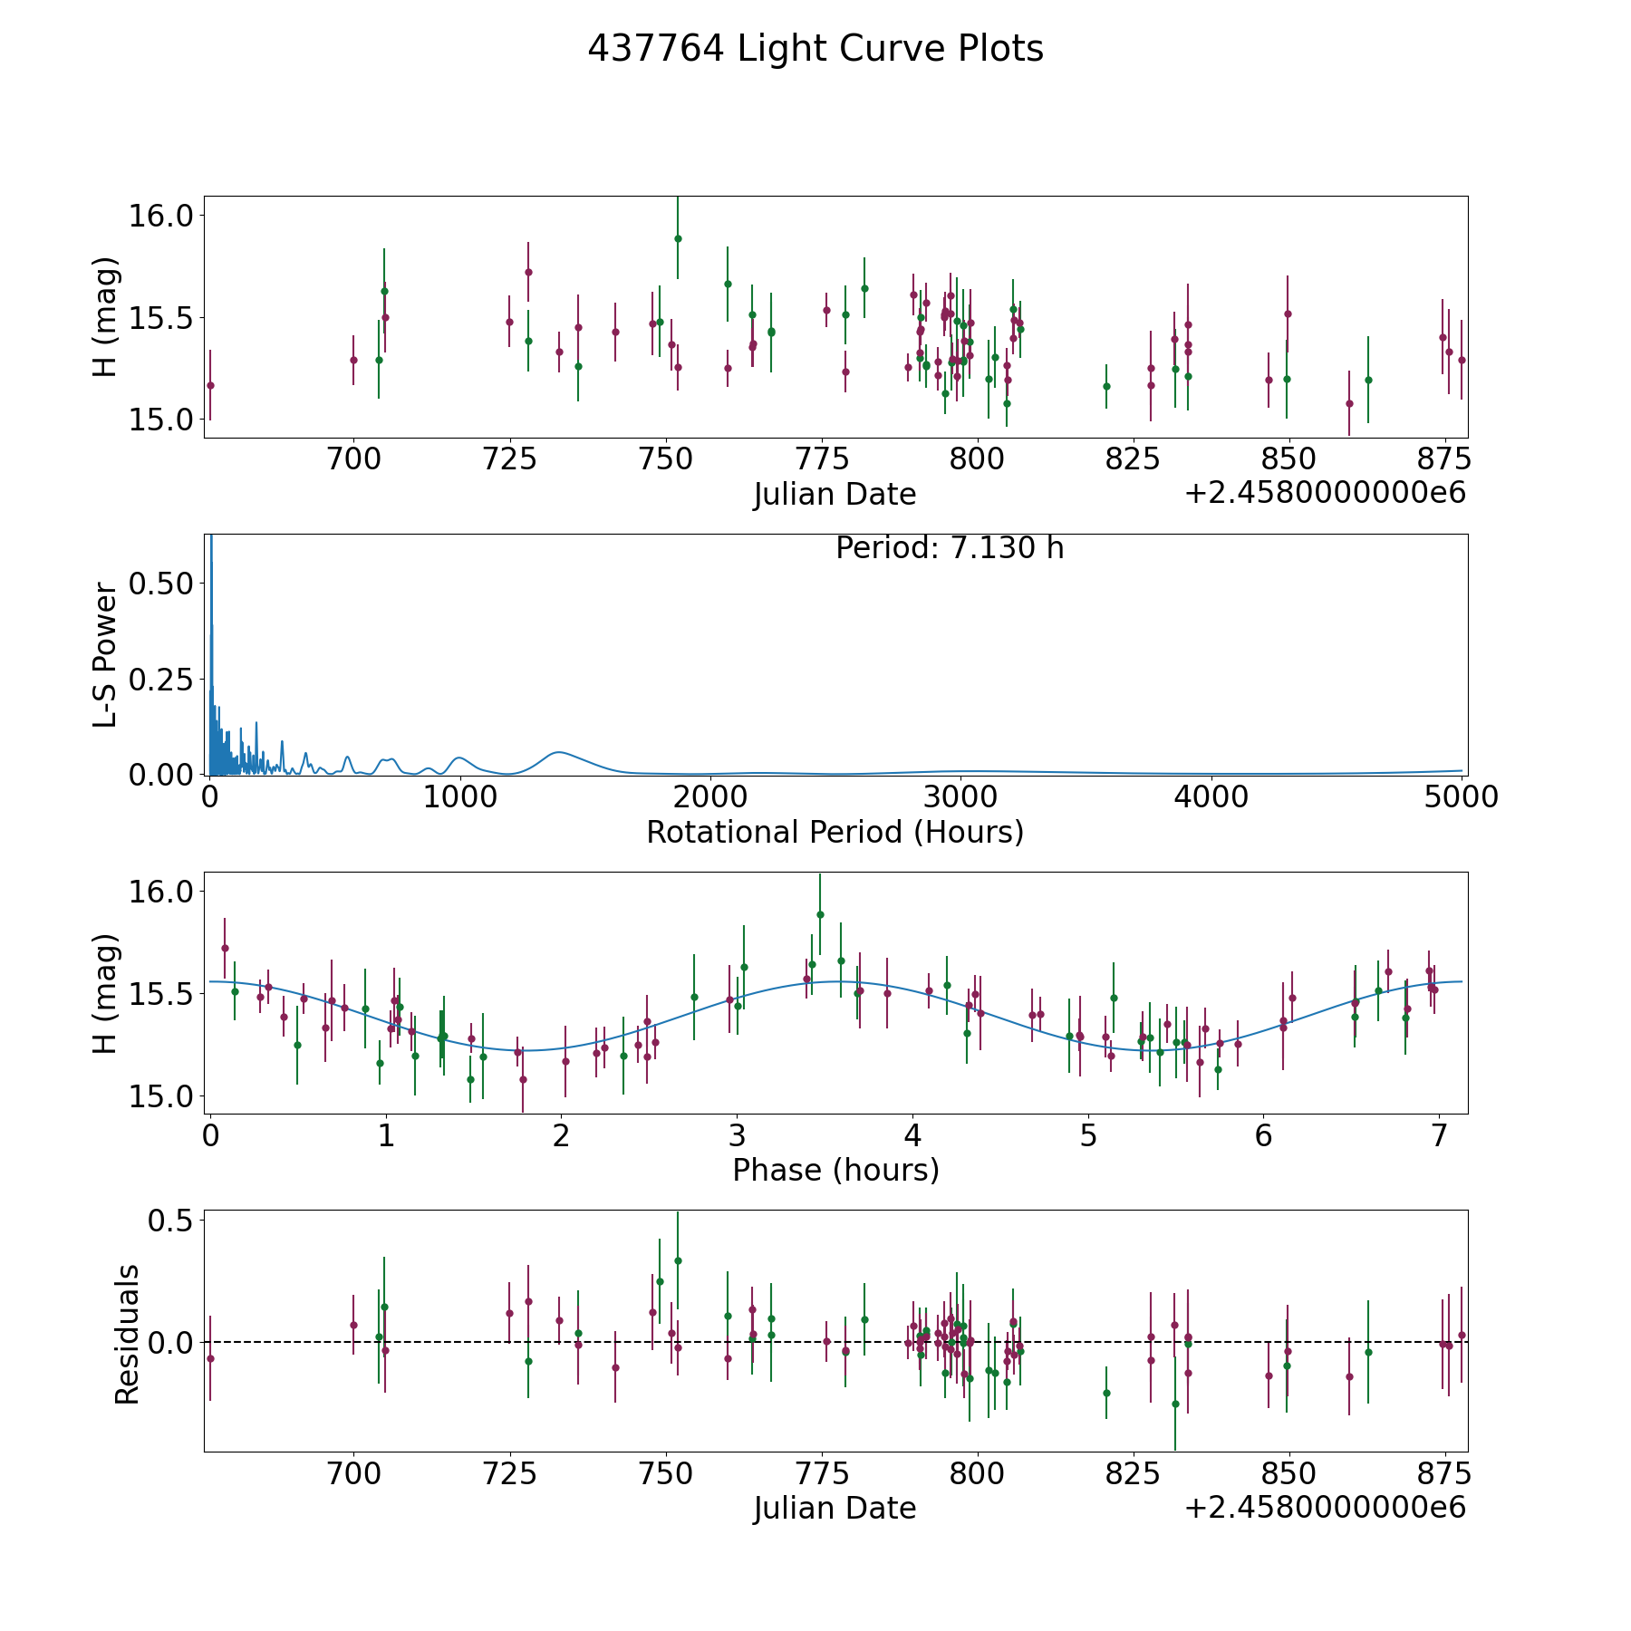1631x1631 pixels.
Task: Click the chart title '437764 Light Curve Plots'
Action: click(x=815, y=49)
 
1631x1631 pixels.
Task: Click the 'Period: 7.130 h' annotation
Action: click(x=949, y=548)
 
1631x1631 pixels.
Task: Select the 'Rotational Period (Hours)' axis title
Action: click(x=835, y=832)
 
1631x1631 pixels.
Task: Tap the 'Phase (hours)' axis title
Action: click(x=835, y=1170)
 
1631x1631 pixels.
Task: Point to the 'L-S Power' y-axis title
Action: click(x=106, y=654)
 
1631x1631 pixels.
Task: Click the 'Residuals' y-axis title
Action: click(x=128, y=1334)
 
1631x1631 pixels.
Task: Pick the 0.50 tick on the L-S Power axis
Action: click(x=161, y=583)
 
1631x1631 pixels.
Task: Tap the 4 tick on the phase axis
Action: click(x=912, y=1135)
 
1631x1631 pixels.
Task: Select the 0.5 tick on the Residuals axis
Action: click(x=172, y=1221)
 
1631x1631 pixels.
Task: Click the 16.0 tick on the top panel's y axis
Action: click(x=161, y=216)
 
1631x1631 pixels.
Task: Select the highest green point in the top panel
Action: click(x=678, y=238)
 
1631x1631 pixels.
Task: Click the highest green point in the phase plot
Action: click(x=820, y=914)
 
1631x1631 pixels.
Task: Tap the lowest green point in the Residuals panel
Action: click(x=1175, y=1404)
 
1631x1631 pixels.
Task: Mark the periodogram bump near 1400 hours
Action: click(x=559, y=752)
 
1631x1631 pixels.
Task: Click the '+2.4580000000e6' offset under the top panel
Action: click(x=1325, y=493)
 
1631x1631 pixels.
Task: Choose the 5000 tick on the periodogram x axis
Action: click(x=1461, y=797)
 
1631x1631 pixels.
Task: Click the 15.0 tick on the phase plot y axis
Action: click(x=161, y=1095)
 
